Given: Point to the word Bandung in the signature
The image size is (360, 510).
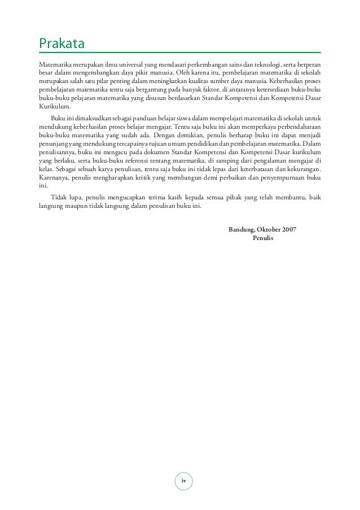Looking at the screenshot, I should tap(242, 229).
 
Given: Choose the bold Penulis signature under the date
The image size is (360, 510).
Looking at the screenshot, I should tap(264, 238).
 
